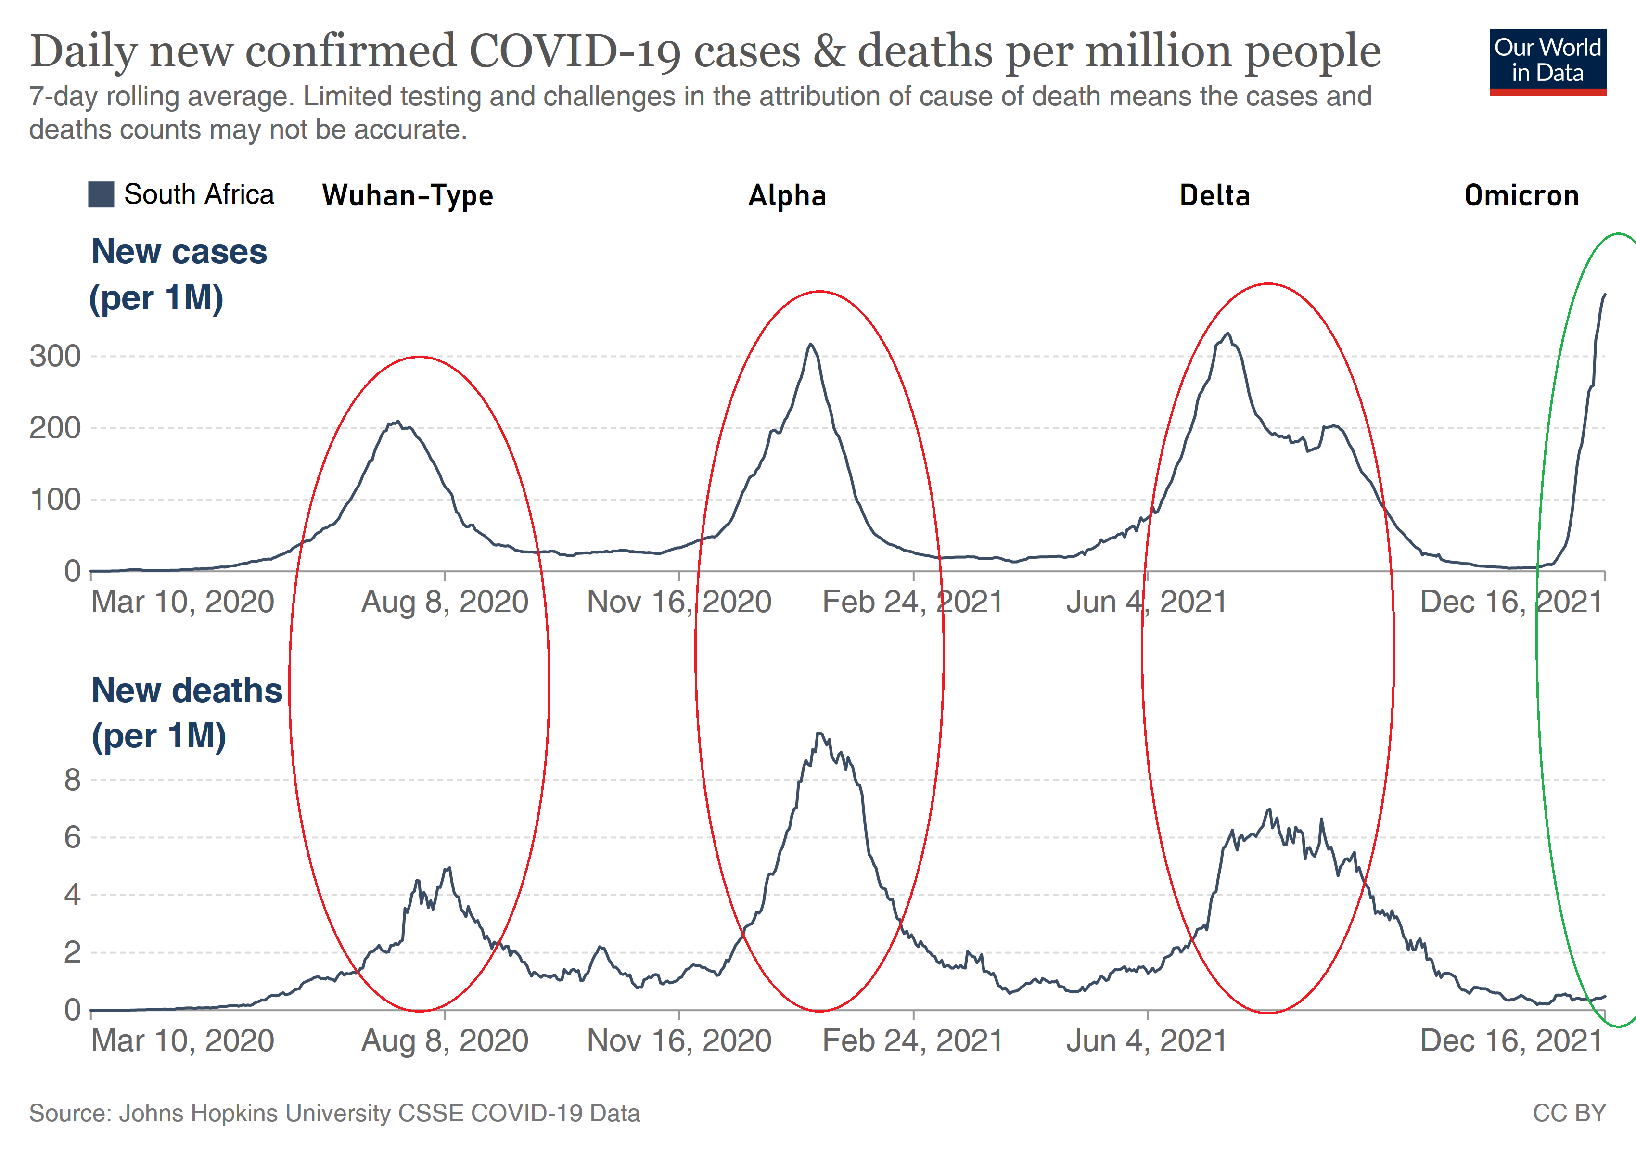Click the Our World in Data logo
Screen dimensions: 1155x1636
click(x=1547, y=61)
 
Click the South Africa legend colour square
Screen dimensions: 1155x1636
click(x=101, y=194)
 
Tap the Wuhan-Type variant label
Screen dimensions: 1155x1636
click(x=408, y=196)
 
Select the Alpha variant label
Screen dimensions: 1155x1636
click(x=787, y=196)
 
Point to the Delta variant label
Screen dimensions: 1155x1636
click(x=1215, y=196)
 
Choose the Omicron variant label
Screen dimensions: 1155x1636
click(x=1521, y=196)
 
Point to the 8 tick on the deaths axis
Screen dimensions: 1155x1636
click(x=72, y=780)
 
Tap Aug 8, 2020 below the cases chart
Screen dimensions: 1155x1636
click(x=445, y=602)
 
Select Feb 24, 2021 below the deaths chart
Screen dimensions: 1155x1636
click(x=913, y=1041)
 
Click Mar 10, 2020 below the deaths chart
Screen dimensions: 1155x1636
click(x=182, y=1041)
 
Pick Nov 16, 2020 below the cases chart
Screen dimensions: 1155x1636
click(x=679, y=602)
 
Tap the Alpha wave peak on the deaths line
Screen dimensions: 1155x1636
click(x=819, y=734)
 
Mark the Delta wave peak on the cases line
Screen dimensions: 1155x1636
click(x=1227, y=334)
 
